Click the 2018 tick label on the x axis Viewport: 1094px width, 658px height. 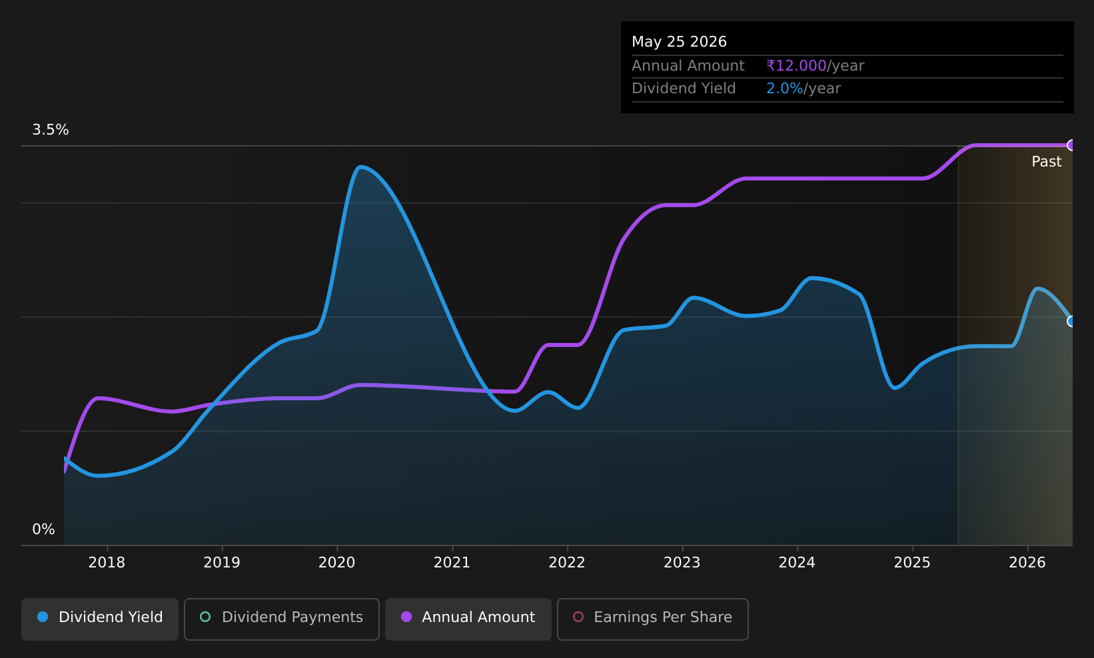coord(107,563)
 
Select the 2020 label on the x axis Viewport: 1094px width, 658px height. coord(337,563)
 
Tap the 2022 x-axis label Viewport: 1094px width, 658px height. coord(567,563)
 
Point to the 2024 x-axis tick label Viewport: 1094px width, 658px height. coord(797,563)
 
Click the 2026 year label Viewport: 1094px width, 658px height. coord(1027,563)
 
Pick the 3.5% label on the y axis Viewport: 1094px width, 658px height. coord(51,130)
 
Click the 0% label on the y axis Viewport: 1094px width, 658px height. coord(43,529)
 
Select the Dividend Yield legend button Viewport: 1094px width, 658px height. coord(100,619)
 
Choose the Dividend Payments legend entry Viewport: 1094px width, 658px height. coord(282,619)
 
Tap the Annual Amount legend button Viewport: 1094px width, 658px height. coord(468,619)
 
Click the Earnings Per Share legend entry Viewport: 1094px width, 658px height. coord(653,619)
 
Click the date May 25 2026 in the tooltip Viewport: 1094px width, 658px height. coord(680,42)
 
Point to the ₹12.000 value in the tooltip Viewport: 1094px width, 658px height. coord(797,66)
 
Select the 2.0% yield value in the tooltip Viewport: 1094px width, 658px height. coord(785,89)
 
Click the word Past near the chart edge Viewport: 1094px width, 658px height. coord(1047,162)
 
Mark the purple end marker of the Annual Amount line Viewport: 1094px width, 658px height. coord(1071,145)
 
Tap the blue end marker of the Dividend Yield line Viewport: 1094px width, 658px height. coord(1071,321)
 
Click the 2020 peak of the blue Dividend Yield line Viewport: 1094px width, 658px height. coord(360,167)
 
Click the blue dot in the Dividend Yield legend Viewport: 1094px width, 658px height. coord(43,617)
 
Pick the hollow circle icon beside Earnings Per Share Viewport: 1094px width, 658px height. coord(578,617)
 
